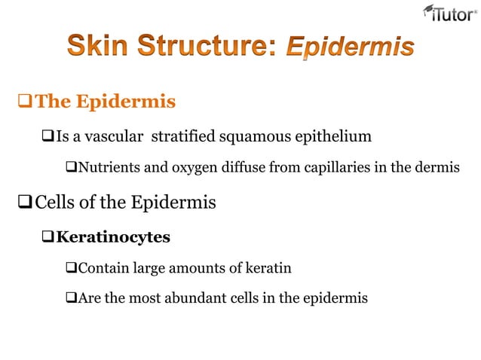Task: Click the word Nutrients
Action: [x=109, y=167]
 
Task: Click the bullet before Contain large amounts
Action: [x=71, y=268]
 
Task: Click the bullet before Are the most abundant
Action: [x=71, y=298]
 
